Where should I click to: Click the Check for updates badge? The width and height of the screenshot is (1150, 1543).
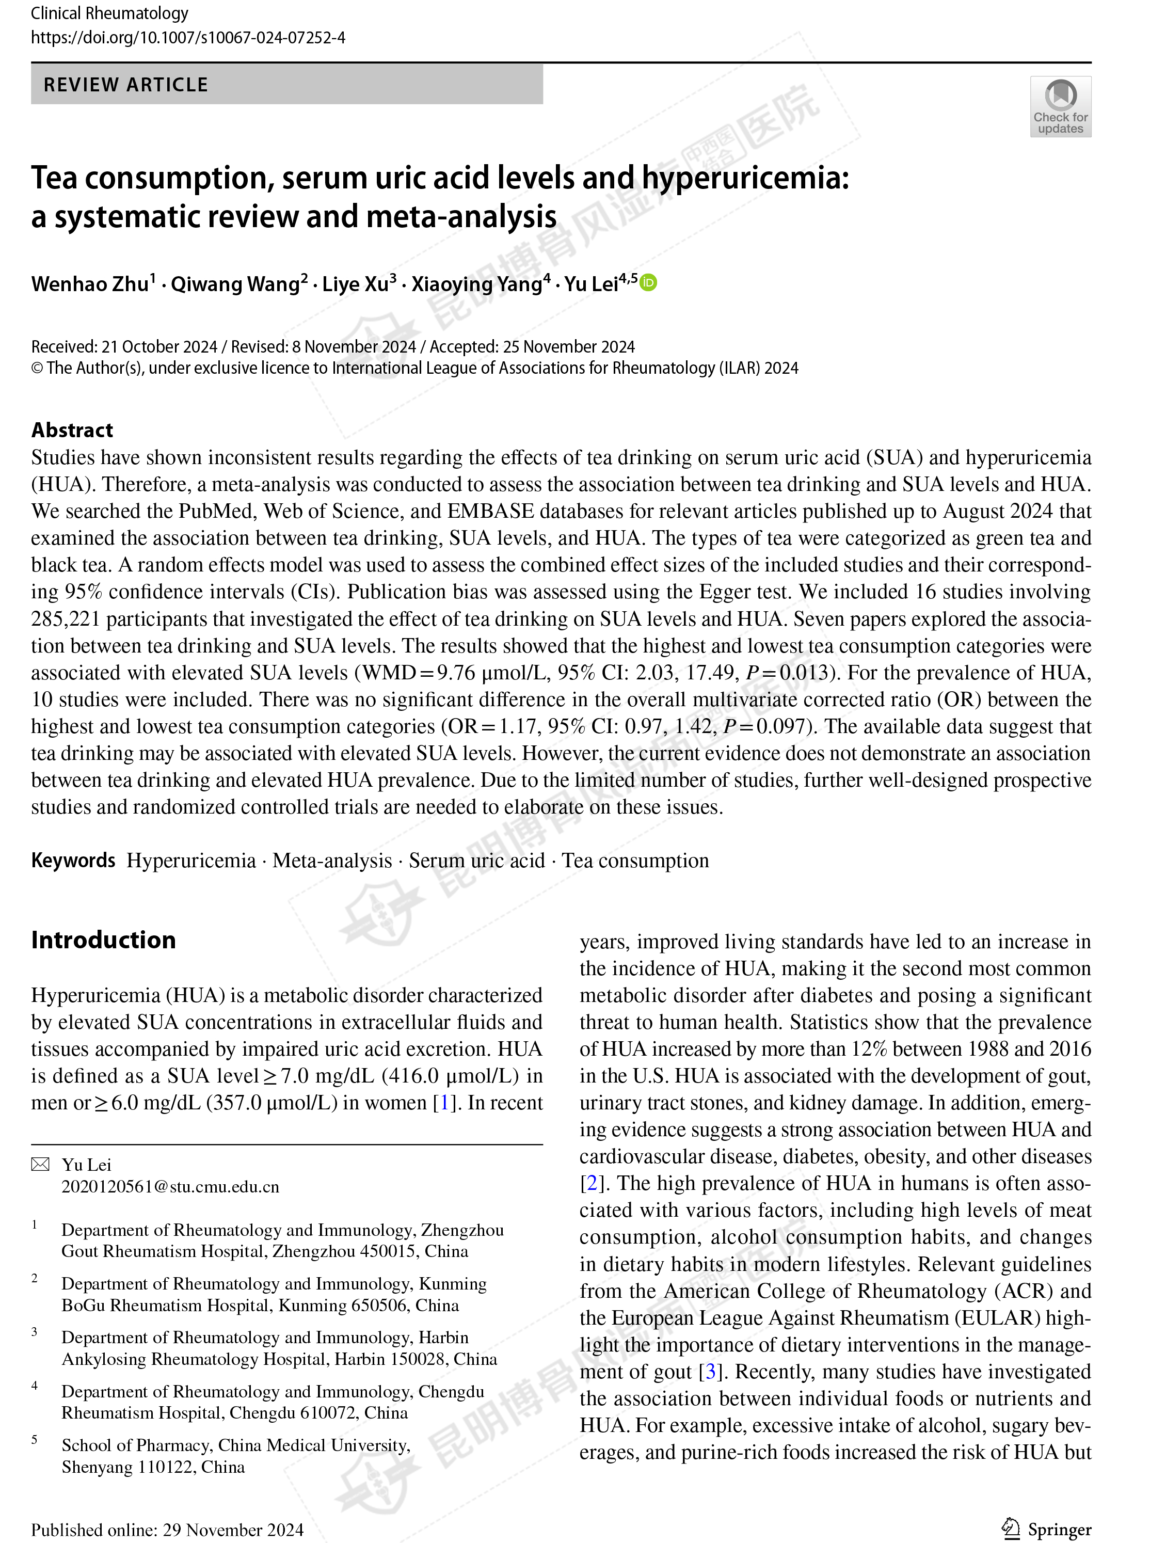tap(1060, 106)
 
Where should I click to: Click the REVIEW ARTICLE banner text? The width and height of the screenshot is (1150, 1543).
tap(126, 85)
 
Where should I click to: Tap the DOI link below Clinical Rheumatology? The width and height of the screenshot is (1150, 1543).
tap(188, 38)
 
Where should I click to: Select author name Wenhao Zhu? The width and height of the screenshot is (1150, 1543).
tap(89, 284)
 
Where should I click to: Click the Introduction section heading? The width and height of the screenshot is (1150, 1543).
tap(103, 940)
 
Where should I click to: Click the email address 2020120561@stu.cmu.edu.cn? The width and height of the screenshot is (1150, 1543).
tap(170, 1186)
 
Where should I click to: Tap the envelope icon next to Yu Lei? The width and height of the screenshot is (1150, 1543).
tap(40, 1164)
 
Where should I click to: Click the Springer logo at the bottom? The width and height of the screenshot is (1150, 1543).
tap(1046, 1529)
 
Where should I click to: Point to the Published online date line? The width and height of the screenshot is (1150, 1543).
tap(167, 1529)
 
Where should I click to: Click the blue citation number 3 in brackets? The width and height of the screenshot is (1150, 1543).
tap(710, 1371)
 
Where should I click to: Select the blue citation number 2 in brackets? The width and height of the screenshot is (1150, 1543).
tap(591, 1183)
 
